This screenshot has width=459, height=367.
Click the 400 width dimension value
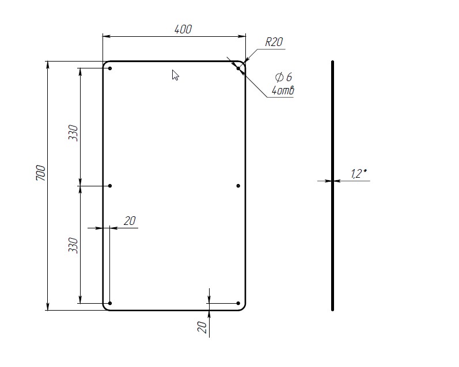tap(183, 29)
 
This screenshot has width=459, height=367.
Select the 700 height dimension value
tap(41, 173)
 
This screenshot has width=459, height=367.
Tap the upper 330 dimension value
tap(73, 133)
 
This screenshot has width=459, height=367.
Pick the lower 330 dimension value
tap(73, 246)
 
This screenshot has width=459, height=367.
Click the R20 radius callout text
tap(274, 42)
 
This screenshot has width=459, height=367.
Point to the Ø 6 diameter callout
tap(284, 77)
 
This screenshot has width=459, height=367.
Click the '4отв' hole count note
tap(283, 90)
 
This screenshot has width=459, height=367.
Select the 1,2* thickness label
tap(359, 173)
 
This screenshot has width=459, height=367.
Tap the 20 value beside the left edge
tap(130, 221)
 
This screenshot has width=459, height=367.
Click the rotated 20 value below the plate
tap(202, 327)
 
